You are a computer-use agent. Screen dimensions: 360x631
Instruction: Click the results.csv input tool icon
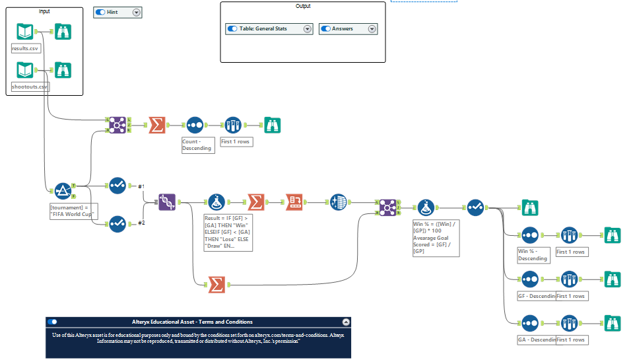click(24, 32)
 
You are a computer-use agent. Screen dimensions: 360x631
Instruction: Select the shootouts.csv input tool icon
click(24, 70)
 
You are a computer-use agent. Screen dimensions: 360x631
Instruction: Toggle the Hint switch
click(100, 13)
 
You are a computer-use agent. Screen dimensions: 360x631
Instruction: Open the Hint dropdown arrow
click(136, 13)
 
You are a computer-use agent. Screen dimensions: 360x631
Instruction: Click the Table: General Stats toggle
click(232, 29)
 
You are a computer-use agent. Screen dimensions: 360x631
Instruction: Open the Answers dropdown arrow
click(372, 29)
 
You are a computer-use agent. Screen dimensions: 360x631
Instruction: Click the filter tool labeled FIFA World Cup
click(62, 191)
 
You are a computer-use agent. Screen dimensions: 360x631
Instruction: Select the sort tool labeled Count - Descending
click(194, 124)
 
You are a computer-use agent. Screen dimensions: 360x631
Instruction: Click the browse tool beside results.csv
click(63, 32)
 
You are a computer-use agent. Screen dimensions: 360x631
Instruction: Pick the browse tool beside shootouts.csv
click(63, 70)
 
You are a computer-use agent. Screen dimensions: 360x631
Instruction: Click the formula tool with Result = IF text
click(218, 202)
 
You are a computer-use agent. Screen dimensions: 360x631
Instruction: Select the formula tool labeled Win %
click(425, 207)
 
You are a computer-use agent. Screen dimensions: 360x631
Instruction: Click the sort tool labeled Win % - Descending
click(530, 235)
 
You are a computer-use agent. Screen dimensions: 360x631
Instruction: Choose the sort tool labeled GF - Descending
click(530, 279)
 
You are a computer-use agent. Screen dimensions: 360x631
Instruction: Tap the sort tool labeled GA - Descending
click(530, 323)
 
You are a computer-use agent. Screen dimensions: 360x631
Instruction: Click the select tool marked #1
click(117, 186)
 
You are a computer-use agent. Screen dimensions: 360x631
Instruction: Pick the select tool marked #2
click(117, 225)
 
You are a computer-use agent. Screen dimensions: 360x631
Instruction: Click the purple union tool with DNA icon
click(167, 202)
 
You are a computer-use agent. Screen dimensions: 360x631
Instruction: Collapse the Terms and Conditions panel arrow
click(345, 322)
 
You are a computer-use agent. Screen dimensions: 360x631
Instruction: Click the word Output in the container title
click(303, 6)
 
